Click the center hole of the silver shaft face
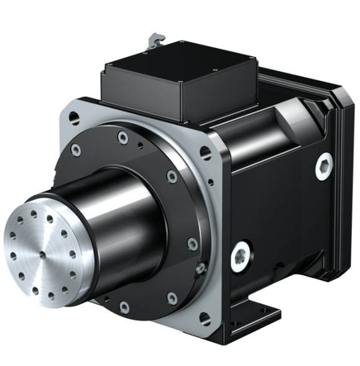click(42, 254)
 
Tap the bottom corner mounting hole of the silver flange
click(205, 319)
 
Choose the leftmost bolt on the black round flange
click(76, 149)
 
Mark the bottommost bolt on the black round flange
click(124, 306)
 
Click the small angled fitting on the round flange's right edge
click(200, 268)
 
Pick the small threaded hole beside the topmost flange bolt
click(141, 145)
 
